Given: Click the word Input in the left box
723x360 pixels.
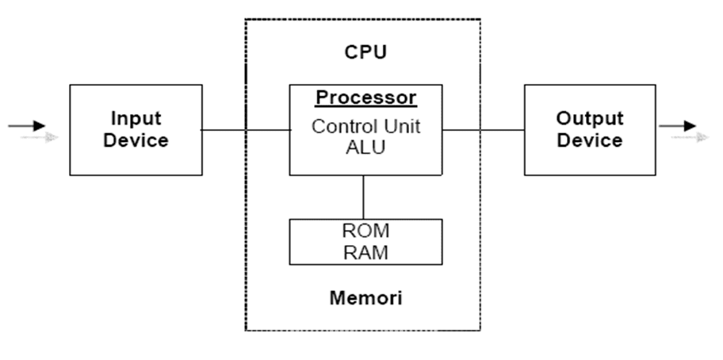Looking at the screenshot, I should (x=136, y=118).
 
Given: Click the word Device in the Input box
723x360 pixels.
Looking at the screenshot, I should (x=136, y=140).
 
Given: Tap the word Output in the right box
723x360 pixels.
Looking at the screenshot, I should (x=589, y=118).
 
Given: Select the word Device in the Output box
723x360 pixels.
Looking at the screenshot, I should (x=589, y=140).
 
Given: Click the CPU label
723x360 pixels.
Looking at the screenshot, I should (x=365, y=52).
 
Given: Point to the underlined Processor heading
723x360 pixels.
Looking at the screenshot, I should (x=365, y=98).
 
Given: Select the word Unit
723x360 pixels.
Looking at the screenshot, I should (x=400, y=126).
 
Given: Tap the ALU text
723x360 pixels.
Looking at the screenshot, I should (x=365, y=146).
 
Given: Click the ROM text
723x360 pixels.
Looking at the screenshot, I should (x=365, y=231).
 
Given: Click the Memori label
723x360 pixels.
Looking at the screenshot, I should (x=365, y=298).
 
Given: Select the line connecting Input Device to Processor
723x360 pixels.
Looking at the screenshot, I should (x=246, y=129).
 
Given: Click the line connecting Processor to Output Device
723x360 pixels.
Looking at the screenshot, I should (x=483, y=129).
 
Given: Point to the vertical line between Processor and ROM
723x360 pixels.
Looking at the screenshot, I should (x=364, y=197).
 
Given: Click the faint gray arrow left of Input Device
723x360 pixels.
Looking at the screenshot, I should (x=40, y=137).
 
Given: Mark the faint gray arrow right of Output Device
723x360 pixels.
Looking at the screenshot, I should (x=689, y=137).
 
